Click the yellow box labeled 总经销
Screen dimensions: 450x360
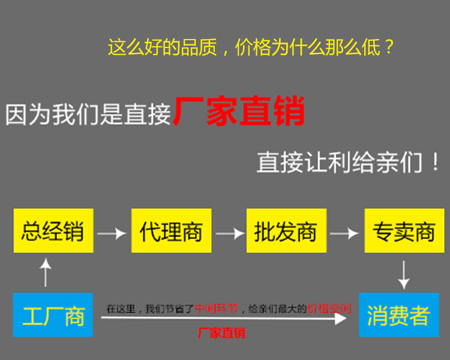coord(53,230)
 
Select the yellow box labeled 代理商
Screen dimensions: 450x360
coord(172,230)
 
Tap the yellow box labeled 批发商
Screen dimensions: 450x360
coord(286,230)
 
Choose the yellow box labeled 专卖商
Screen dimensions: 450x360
coord(404,230)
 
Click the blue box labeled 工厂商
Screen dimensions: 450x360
coord(53,314)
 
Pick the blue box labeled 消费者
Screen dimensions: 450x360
coord(399,314)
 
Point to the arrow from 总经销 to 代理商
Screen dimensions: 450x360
coord(112,233)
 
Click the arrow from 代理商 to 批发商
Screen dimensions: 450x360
coord(230,233)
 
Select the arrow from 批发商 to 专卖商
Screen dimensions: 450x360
coord(344,233)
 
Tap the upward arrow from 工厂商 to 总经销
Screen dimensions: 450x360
coord(46,272)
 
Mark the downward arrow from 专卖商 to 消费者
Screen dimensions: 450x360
coord(404,275)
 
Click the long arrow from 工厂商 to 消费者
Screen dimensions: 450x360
coord(224,318)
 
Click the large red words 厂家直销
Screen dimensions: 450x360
coord(239,111)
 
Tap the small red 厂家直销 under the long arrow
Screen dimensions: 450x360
coord(221,333)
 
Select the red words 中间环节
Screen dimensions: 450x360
coord(217,308)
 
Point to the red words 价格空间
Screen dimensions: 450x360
coord(329,308)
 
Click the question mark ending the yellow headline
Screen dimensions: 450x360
coord(389,47)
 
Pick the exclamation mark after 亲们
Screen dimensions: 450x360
coord(436,162)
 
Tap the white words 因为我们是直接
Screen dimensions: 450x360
coord(88,115)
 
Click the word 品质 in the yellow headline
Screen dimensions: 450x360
coord(199,47)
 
